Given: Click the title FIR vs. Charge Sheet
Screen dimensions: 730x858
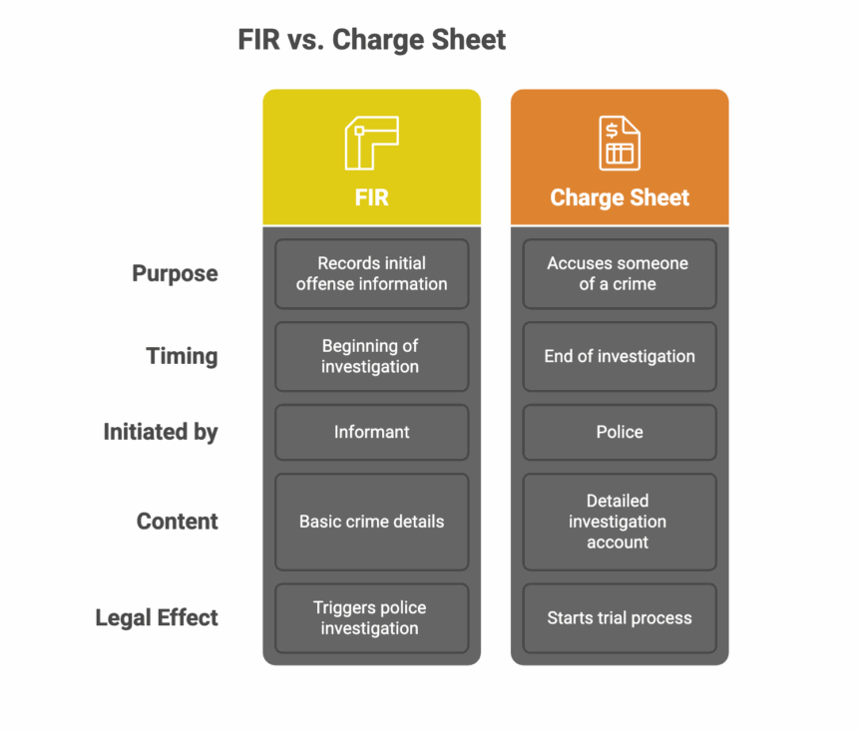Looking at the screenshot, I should pyautogui.click(x=371, y=40).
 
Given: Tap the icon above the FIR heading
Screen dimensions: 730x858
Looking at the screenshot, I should pyautogui.click(x=371, y=143).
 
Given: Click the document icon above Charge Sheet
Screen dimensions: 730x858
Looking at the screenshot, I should pyautogui.click(x=620, y=143).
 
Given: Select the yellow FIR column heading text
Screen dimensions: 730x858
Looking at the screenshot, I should pyautogui.click(x=371, y=197).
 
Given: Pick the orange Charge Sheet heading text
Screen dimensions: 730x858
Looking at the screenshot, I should pyautogui.click(x=620, y=197).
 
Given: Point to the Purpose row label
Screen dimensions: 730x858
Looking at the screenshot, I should pyautogui.click(x=175, y=273).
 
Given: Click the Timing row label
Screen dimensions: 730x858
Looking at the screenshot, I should pyautogui.click(x=182, y=356).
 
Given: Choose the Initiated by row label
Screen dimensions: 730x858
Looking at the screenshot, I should pyautogui.click(x=161, y=432).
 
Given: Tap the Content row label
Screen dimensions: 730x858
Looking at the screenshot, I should pyautogui.click(x=177, y=522).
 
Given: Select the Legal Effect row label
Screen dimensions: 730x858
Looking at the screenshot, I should pyautogui.click(x=157, y=618).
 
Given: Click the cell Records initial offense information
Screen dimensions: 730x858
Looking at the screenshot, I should pyautogui.click(x=371, y=273).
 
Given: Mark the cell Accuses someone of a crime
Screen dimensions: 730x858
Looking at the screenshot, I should pyautogui.click(x=619, y=273).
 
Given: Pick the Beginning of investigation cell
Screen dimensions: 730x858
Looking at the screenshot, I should pyautogui.click(x=371, y=356).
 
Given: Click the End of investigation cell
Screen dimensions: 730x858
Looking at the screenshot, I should pyautogui.click(x=619, y=356).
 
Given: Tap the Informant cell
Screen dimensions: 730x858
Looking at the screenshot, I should pyautogui.click(x=371, y=432).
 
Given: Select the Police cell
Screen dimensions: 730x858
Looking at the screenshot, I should pyautogui.click(x=619, y=432).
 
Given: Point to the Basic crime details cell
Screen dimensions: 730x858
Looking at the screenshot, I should pyautogui.click(x=371, y=522).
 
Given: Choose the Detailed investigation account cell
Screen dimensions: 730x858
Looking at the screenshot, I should pyautogui.click(x=619, y=522).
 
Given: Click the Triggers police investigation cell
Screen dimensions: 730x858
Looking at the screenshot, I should pyautogui.click(x=371, y=618).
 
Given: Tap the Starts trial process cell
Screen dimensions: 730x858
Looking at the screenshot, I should pyautogui.click(x=619, y=618).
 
